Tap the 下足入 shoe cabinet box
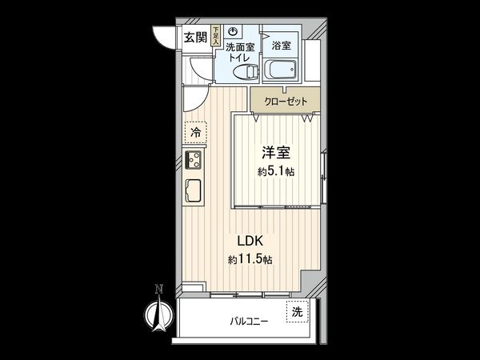(x=215, y=37)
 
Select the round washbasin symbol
(x=232, y=31)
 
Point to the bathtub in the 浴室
(x=281, y=71)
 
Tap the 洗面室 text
(x=239, y=47)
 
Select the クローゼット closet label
(x=285, y=102)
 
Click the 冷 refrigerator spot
(x=195, y=130)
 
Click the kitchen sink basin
(x=194, y=193)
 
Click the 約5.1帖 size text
(x=275, y=171)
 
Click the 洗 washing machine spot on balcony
(x=297, y=311)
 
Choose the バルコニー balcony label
(x=250, y=322)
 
